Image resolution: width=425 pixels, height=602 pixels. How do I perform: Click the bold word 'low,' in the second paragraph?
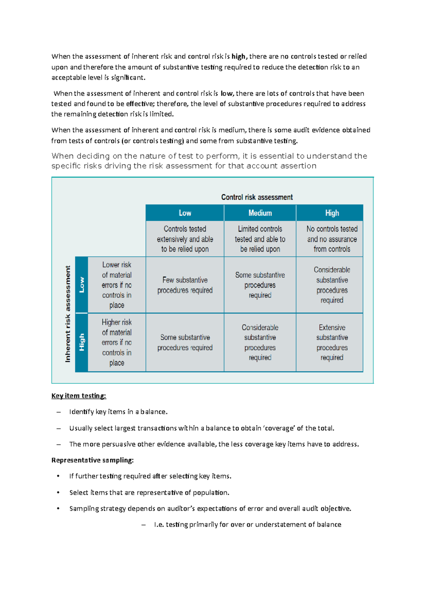pyautogui.click(x=227, y=94)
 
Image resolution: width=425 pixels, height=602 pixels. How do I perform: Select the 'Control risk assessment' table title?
pyautogui.click(x=257, y=197)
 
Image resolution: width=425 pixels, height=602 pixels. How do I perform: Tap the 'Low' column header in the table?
pyautogui.click(x=185, y=213)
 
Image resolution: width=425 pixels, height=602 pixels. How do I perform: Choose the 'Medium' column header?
pyautogui.click(x=260, y=213)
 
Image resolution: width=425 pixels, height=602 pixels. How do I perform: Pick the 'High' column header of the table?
pyautogui.click(x=332, y=213)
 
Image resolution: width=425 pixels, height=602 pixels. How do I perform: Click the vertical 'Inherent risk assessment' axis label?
pyautogui.click(x=68, y=314)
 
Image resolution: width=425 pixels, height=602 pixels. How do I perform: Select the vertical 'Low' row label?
pyautogui.click(x=82, y=285)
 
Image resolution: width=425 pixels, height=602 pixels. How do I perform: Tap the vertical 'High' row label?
pyautogui.click(x=82, y=342)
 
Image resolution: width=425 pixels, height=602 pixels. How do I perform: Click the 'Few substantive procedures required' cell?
pyautogui.click(x=185, y=285)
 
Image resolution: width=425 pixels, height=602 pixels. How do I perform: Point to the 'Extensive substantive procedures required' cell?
pyautogui.click(x=332, y=342)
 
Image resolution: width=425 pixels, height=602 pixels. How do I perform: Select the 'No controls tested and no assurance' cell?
pyautogui.click(x=332, y=239)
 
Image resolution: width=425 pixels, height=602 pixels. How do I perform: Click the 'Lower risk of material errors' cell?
pyautogui.click(x=117, y=285)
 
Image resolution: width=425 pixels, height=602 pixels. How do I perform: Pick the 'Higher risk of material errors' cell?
pyautogui.click(x=117, y=342)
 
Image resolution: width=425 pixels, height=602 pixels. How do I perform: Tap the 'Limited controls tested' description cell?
pyautogui.click(x=260, y=239)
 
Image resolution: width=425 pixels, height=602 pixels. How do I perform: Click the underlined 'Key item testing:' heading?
pyautogui.click(x=79, y=396)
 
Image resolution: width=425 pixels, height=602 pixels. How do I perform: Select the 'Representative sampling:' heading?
pyautogui.click(x=92, y=460)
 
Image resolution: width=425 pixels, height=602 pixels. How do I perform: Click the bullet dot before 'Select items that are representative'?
pyautogui.click(x=58, y=492)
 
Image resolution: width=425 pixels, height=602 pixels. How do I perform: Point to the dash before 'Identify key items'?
pyautogui.click(x=58, y=412)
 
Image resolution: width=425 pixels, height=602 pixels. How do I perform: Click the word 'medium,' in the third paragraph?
pyautogui.click(x=232, y=130)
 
